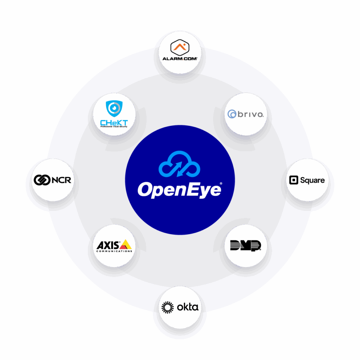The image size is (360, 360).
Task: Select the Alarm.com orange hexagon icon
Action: pyautogui.click(x=180, y=47)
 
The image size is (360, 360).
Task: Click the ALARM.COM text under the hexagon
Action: pyautogui.click(x=180, y=58)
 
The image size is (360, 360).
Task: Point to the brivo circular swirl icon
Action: pyautogui.click(x=232, y=114)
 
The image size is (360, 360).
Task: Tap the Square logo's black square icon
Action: pyautogui.click(x=293, y=180)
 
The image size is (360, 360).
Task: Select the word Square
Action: pyautogui.click(x=312, y=180)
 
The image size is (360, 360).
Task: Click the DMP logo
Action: pyautogui.click(x=245, y=245)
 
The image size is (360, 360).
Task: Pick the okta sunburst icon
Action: pyautogui.click(x=168, y=307)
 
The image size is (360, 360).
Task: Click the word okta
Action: pyautogui.click(x=187, y=307)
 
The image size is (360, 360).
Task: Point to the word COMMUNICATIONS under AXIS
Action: pyautogui.click(x=114, y=251)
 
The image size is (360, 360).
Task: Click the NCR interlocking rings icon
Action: pyautogui.click(x=41, y=180)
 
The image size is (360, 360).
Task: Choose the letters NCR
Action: pyautogui.click(x=61, y=180)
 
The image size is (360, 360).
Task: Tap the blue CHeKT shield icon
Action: pyautogui.click(x=114, y=108)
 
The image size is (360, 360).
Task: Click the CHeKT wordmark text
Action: pyautogui.click(x=114, y=122)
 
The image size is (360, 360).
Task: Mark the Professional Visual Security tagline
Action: pyautogui.click(x=114, y=127)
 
